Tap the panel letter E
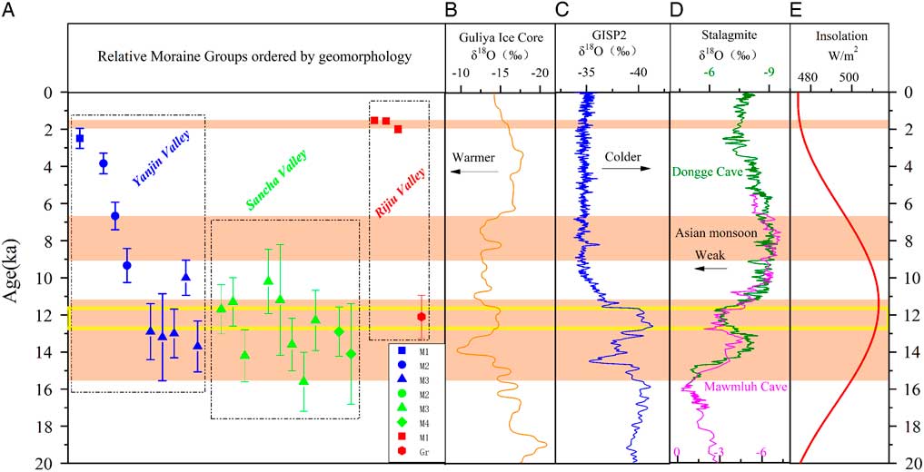pyautogui.click(x=797, y=11)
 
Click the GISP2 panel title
pyautogui.click(x=611, y=36)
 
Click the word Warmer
pyautogui.click(x=474, y=155)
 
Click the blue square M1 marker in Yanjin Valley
pyautogui.click(x=79, y=138)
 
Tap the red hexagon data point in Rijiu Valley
pyautogui.click(x=422, y=317)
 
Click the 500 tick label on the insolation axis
pyautogui.click(x=849, y=78)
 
